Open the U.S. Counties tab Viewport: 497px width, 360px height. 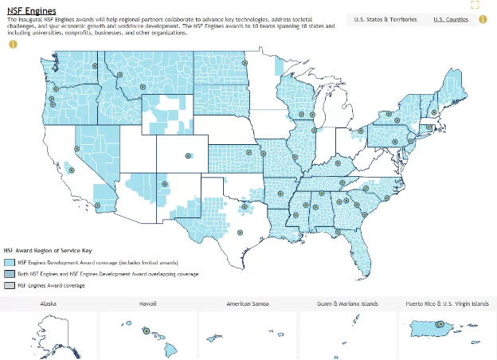point(451,19)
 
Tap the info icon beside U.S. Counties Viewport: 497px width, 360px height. point(482,19)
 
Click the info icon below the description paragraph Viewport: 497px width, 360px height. point(13,44)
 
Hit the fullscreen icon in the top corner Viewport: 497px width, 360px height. point(475,5)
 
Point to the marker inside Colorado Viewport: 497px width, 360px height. point(188,155)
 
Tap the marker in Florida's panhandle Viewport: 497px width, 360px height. point(338,232)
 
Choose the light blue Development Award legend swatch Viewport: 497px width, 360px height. point(10,262)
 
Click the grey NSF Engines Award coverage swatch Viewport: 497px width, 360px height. point(10,285)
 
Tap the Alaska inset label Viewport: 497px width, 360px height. point(48,303)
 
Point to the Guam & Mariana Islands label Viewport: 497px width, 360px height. point(347,303)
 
